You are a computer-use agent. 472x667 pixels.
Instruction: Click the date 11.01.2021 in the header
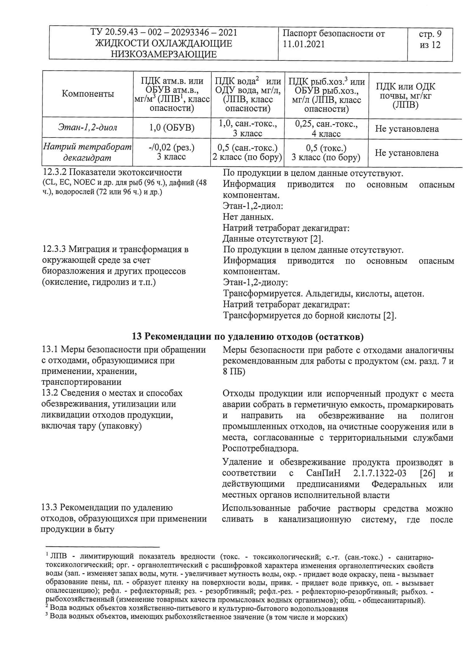(303, 44)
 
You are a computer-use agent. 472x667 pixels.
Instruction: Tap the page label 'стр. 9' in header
(430, 34)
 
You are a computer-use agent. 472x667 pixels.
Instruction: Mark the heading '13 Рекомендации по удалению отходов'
(248, 336)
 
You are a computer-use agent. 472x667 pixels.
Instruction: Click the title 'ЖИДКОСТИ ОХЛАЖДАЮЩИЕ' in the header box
(164, 43)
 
